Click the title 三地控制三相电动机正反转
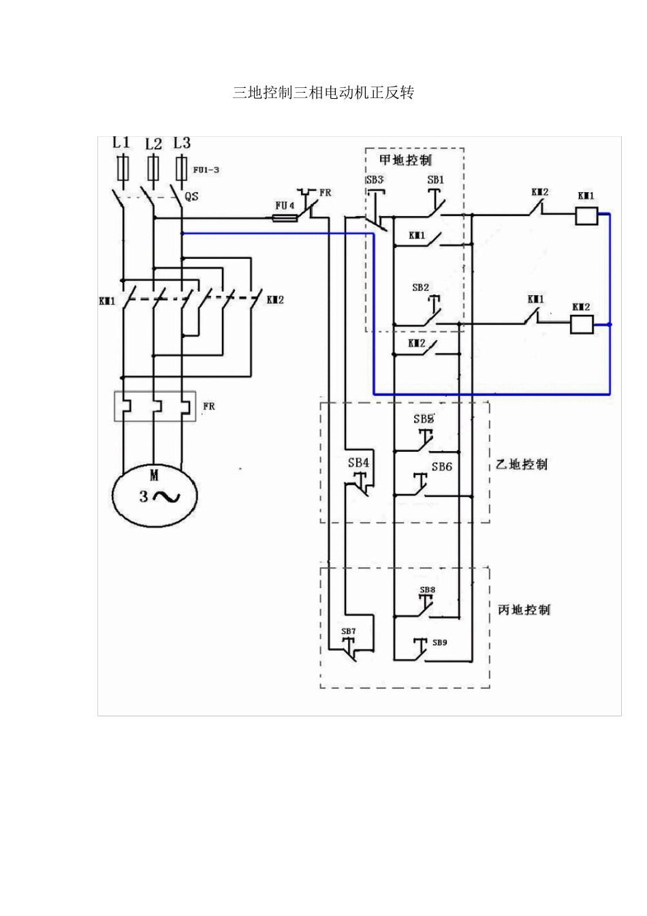(323, 93)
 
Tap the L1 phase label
(121, 142)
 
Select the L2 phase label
(154, 144)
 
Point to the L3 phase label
(182, 142)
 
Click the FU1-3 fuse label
(206, 170)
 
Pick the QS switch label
(192, 196)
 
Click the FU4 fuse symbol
(284, 218)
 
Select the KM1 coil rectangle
(586, 216)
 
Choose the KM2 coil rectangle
(581, 325)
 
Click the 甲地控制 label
(406, 160)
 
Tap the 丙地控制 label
(524, 609)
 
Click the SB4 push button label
(358, 463)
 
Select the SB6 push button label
(441, 467)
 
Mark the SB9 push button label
(439, 642)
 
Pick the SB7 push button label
(348, 631)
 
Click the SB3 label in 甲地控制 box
(375, 180)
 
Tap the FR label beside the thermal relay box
(208, 406)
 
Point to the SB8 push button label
(427, 590)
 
